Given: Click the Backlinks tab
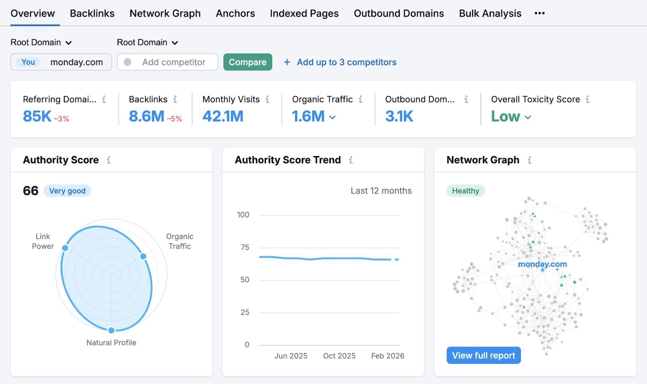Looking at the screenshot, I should (92, 13).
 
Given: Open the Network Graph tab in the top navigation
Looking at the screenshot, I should (165, 13).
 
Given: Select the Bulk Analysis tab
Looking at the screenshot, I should (490, 13).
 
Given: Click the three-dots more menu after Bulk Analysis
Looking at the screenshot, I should (539, 13).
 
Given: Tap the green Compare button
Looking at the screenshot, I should (247, 62).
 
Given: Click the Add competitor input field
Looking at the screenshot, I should (173, 62).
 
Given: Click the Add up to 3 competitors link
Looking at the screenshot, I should (346, 62).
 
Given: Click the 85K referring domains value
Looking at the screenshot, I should (37, 116).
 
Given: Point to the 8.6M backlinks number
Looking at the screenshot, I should (146, 116).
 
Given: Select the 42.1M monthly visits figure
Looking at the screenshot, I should (223, 116).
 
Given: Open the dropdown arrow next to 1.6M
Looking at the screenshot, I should (332, 118).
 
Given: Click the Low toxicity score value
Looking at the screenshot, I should (505, 116).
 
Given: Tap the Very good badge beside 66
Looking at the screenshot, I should (67, 191).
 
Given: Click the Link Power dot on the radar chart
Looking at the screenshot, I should (65, 248).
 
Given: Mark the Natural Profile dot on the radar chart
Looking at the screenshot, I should (111, 330).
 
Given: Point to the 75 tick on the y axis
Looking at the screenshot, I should (245, 247).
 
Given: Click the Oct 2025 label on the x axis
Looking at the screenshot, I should (339, 356).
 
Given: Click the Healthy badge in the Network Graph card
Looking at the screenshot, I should (465, 191).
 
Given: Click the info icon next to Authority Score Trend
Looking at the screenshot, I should (351, 160).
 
